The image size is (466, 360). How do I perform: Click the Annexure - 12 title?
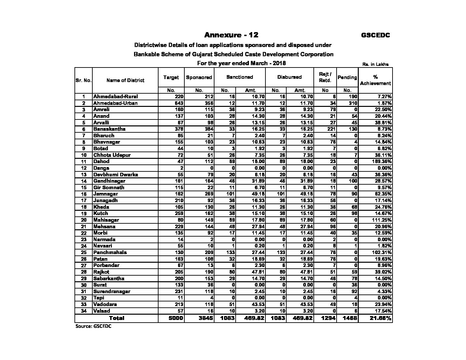click(x=231, y=35)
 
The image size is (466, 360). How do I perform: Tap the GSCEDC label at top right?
click(x=375, y=35)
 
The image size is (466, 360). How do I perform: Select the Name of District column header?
click(x=125, y=80)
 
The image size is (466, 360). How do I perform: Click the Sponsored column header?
click(x=199, y=77)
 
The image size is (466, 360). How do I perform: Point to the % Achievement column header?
click(x=375, y=80)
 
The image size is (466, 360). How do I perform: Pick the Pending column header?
click(x=347, y=77)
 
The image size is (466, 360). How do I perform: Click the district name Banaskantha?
click(x=109, y=129)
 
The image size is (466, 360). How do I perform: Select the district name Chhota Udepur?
click(x=112, y=155)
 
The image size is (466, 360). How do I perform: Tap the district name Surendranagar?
click(x=112, y=292)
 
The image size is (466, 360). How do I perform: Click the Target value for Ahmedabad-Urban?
click(x=179, y=103)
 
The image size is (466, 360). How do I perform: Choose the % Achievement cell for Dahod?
click(x=381, y=161)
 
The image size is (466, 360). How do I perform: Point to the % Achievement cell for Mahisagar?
click(x=381, y=220)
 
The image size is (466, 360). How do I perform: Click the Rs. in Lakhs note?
click(x=375, y=65)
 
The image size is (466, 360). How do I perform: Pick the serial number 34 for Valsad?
click(x=84, y=311)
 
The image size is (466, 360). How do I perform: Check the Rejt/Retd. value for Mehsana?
click(x=332, y=227)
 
